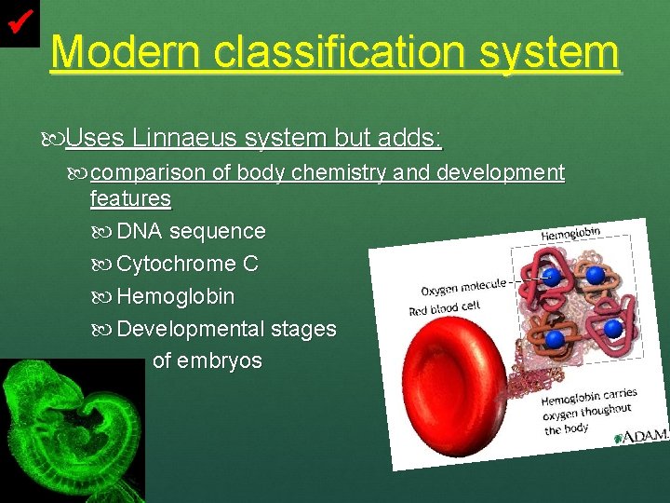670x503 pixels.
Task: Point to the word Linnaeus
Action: click(x=183, y=139)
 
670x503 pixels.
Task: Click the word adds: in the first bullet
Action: click(x=410, y=139)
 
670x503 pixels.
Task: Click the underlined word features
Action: click(x=130, y=198)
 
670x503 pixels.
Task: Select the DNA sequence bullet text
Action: click(x=191, y=231)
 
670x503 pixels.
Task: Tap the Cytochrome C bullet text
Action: click(x=187, y=264)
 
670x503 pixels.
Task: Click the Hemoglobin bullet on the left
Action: click(x=175, y=297)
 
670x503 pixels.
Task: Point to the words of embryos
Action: click(x=207, y=360)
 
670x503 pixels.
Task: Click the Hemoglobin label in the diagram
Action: click(x=570, y=233)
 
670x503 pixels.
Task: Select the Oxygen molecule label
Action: click(x=463, y=287)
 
